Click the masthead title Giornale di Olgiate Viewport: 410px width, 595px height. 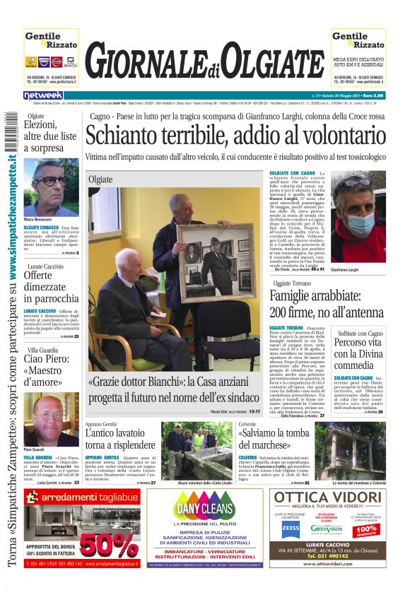(x=204, y=64)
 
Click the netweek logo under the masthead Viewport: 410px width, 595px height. (x=44, y=95)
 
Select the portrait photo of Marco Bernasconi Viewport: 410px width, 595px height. (x=51, y=187)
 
